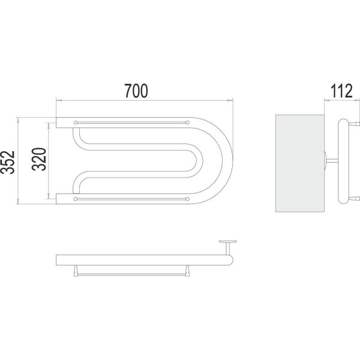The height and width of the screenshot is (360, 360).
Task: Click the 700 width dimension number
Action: tap(136, 91)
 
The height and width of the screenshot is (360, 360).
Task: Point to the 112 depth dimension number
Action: tap(340, 91)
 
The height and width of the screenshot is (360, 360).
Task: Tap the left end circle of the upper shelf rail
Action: tap(75, 122)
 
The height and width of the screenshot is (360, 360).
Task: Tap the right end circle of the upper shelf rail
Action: tap(188, 122)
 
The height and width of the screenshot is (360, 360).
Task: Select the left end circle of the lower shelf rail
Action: tap(75, 197)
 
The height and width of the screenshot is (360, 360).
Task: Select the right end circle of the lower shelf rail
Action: tap(188, 197)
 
